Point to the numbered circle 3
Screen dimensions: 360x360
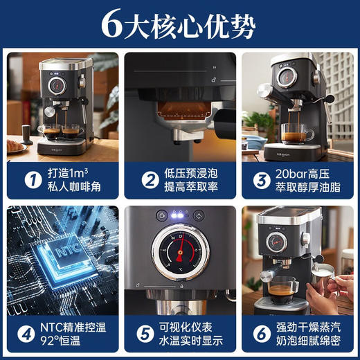(x=260, y=181)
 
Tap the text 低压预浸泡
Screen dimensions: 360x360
(x=192, y=172)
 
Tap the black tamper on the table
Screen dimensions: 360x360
(x=26, y=134)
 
